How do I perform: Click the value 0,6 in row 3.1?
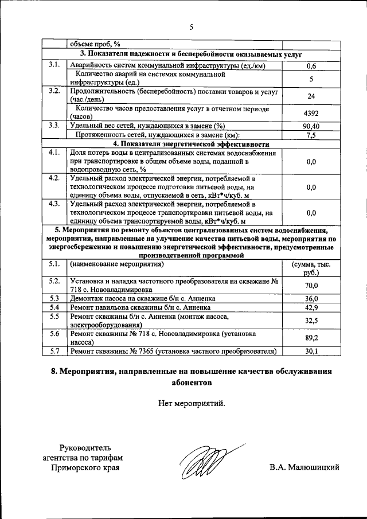click(311, 66)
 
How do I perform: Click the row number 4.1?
click(55, 153)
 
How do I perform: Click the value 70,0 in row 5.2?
click(311, 285)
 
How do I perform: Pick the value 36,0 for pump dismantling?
click(311, 298)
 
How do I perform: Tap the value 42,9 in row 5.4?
click(311, 307)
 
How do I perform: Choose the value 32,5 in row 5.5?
click(311, 320)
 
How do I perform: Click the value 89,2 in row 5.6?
click(311, 338)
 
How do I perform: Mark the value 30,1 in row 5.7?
click(311, 351)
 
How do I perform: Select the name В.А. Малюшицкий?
click(304, 467)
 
